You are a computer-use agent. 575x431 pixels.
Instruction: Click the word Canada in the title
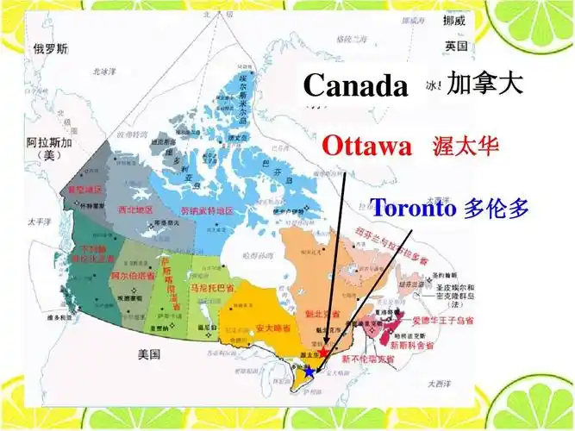click(x=355, y=85)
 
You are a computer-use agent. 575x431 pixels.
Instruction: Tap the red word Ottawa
click(x=366, y=146)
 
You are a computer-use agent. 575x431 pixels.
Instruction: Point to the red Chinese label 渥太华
click(x=466, y=146)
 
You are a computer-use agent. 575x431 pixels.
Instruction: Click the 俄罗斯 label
click(x=49, y=48)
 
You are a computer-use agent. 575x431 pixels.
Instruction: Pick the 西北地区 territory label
click(x=134, y=209)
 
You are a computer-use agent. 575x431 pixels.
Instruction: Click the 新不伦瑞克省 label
click(x=366, y=358)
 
